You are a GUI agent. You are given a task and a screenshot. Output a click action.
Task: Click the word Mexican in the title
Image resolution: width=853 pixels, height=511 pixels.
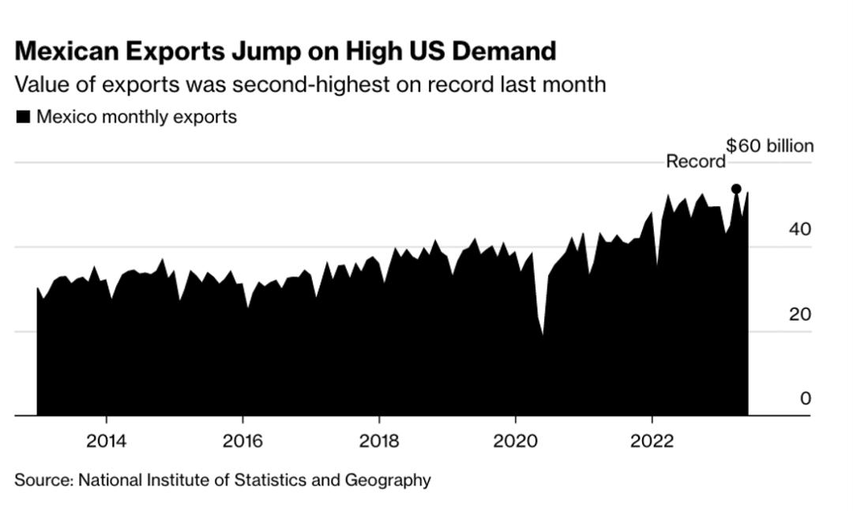coord(70,52)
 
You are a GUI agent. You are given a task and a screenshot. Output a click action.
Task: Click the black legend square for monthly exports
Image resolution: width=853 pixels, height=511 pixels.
coord(23,117)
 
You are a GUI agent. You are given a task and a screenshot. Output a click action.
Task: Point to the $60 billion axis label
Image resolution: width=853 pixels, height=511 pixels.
coord(769,146)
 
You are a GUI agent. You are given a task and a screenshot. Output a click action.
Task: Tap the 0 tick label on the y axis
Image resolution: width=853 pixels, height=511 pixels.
coord(805,399)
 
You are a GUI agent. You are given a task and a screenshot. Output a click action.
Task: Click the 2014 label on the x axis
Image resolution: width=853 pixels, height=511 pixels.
coord(106,440)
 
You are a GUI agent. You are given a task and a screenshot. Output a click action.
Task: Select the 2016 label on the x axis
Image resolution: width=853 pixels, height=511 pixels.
coord(242,440)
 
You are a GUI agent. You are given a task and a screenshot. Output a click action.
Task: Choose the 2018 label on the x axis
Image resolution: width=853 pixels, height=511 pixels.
coord(379,440)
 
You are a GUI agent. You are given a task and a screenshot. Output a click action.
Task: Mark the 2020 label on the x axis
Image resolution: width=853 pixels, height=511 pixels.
coord(516,440)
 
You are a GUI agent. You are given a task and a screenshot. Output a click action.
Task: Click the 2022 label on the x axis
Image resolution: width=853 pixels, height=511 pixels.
coord(652,440)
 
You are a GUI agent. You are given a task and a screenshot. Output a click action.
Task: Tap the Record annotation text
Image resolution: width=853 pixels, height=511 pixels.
coord(696,162)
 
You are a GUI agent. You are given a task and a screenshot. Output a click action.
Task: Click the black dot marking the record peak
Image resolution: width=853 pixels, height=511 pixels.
coord(736,189)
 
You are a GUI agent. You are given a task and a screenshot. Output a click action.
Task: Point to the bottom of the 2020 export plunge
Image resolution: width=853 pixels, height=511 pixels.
coord(543,334)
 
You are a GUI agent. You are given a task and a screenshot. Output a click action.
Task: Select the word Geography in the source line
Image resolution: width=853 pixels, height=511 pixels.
coord(391,479)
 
